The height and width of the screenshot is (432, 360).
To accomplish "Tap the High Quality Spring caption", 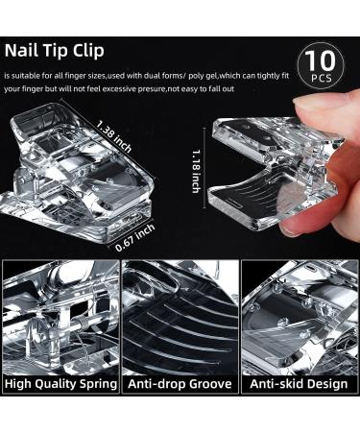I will (x=60, y=383).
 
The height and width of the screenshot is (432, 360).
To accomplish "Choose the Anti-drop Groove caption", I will (x=179, y=383).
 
